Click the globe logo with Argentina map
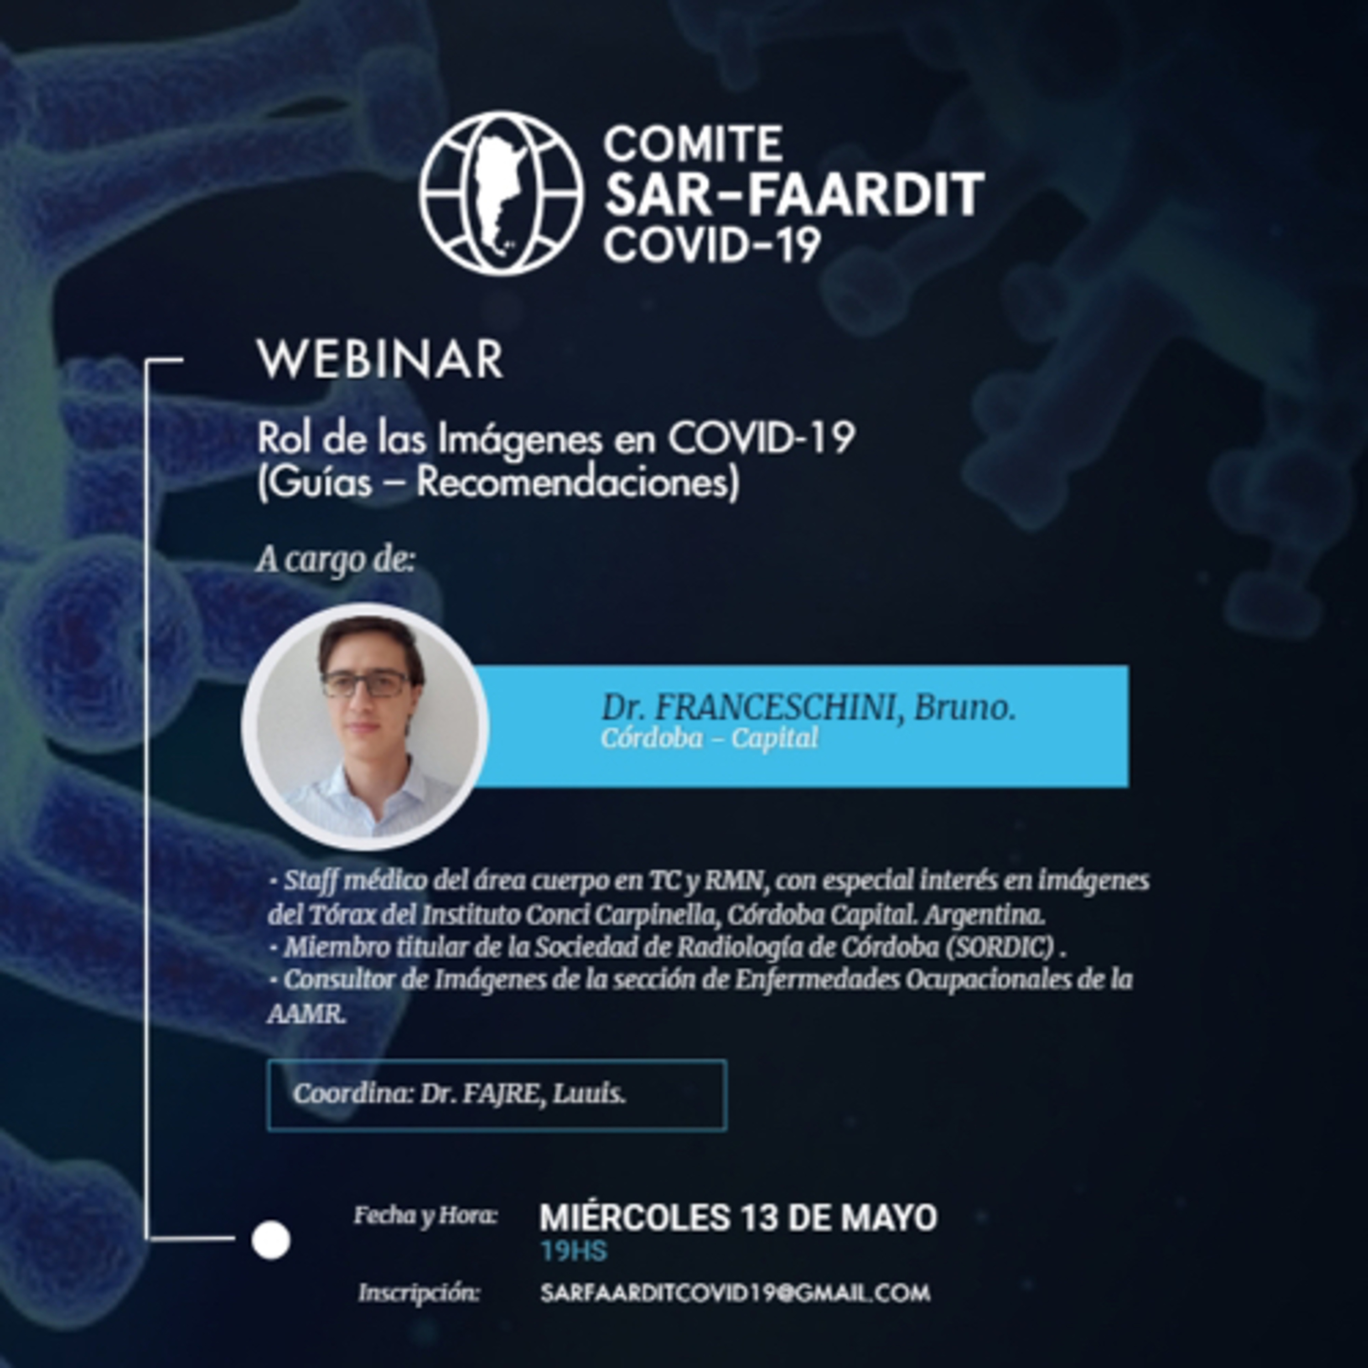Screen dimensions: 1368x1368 click(501, 192)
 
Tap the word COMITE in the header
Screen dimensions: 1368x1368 click(693, 145)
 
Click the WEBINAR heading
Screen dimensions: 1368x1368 click(380, 360)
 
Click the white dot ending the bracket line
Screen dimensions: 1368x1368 click(270, 1240)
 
